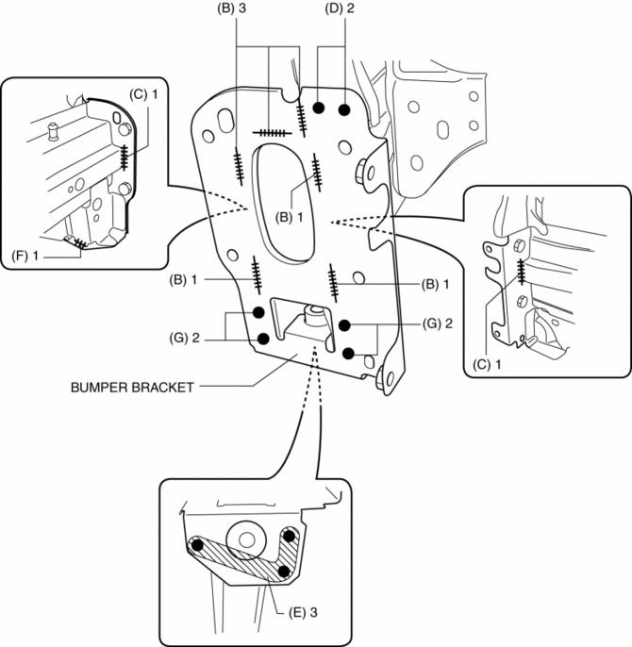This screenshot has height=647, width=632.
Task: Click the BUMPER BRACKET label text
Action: coord(132,388)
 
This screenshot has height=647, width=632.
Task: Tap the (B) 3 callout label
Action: coord(232,8)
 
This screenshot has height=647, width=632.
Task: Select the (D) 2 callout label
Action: coord(340,8)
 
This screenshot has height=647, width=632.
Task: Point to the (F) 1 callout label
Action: coord(25,257)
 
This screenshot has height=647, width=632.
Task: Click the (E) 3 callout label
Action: coord(304,613)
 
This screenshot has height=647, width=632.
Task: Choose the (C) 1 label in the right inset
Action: coord(487,364)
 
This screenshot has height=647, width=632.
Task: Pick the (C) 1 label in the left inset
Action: coord(143,94)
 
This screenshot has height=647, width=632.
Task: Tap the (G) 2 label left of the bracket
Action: coord(184,339)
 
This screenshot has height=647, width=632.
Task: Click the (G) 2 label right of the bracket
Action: coord(437,323)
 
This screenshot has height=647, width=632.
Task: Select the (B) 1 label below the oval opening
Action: coord(290,217)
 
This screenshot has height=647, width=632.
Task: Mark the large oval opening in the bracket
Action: coord(284,203)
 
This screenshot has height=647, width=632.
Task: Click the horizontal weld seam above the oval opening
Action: coord(272,133)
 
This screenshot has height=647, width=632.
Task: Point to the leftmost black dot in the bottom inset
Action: coord(198,545)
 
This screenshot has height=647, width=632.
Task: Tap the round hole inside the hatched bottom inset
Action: coord(246,539)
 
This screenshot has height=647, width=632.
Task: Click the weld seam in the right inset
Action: coord(522,272)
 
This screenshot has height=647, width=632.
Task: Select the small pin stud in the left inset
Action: coord(53,132)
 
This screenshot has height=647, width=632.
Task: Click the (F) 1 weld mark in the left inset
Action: coord(80,244)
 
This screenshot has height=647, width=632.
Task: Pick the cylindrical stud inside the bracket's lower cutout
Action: coord(313,316)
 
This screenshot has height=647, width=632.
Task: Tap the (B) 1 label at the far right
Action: coord(435,284)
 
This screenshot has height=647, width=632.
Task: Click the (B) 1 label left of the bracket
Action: coord(183,280)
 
